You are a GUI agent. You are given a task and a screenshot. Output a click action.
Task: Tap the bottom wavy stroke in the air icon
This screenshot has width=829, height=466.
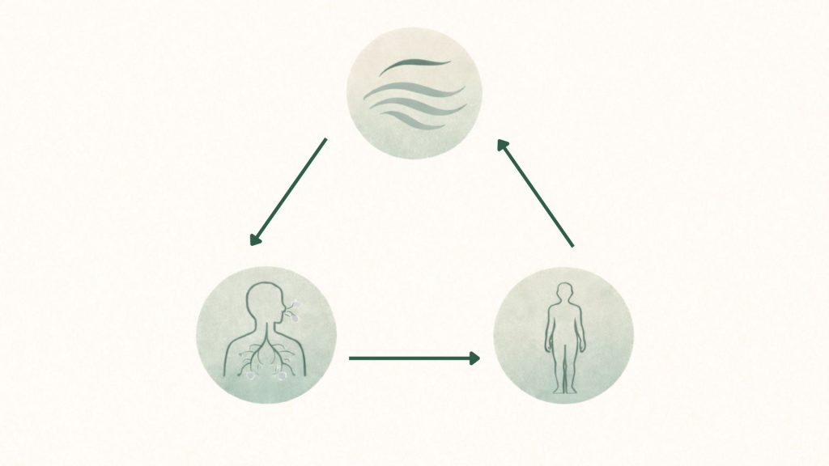pos(421,121)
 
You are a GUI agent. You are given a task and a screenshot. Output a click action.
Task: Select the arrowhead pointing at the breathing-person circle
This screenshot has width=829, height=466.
pos(254,239)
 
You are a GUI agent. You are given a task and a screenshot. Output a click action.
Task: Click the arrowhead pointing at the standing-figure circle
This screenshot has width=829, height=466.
pos(475,358)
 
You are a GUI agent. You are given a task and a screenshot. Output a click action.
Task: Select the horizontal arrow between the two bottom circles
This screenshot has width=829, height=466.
pos(413,358)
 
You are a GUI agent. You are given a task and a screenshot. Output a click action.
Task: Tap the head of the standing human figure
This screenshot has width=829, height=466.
pos(564,292)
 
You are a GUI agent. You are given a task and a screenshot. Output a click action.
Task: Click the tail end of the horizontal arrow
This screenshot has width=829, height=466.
pos(351,358)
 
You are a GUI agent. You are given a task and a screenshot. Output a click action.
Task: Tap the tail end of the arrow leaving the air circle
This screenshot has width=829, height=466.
pos(325,141)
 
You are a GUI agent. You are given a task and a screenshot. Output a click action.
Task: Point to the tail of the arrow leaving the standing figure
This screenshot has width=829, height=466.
pos(572,244)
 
